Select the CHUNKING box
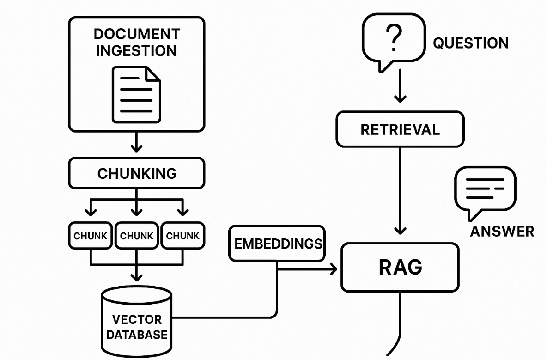[137, 173]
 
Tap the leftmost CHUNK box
[91, 236]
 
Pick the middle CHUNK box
[137, 236]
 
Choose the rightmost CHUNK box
[182, 236]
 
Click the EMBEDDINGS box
[278, 244]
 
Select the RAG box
[400, 268]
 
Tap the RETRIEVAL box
[400, 129]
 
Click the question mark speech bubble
[394, 39]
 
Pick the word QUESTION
[470, 43]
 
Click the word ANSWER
[502, 231]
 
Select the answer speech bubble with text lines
[485, 189]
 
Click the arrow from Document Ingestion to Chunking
[136, 142]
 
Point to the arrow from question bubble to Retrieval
[400, 88]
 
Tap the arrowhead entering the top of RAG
[400, 230]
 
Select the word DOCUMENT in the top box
[136, 34]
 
